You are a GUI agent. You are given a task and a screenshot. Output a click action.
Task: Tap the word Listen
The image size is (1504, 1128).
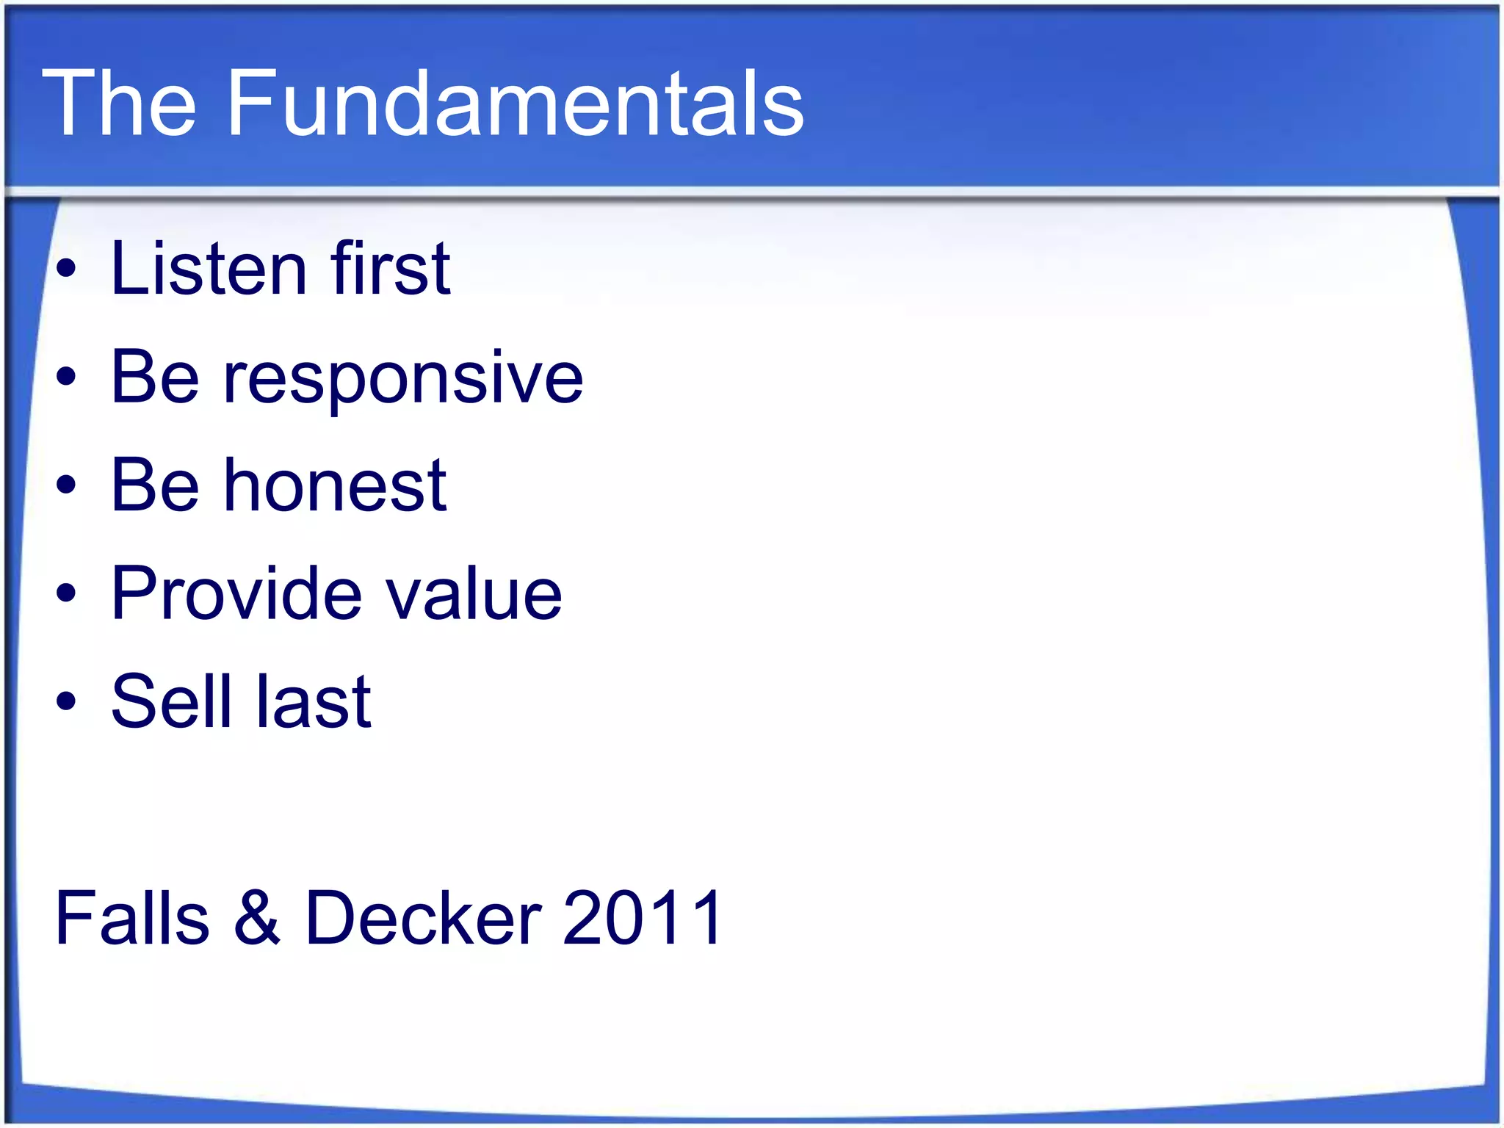point(209,270)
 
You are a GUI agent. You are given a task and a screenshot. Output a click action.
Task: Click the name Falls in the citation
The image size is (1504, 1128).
point(132,918)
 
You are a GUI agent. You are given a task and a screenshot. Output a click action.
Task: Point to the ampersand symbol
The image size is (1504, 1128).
point(257,918)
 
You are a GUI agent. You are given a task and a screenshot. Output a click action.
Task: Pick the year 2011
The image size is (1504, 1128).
point(643,918)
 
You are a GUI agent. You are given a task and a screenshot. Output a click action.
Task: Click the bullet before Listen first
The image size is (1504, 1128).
point(66,270)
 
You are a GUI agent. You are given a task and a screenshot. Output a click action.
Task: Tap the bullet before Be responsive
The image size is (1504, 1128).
point(66,377)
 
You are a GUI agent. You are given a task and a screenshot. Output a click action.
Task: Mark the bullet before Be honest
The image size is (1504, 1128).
point(66,485)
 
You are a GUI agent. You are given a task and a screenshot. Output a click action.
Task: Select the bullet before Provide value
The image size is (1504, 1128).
point(66,593)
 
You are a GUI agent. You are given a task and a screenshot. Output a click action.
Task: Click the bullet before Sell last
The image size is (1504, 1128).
point(66,701)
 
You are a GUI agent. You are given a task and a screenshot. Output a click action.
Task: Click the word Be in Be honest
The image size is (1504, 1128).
point(155,485)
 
